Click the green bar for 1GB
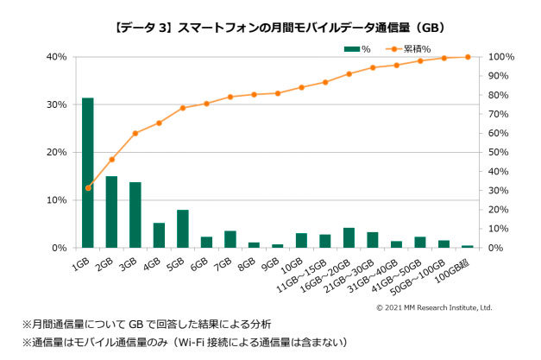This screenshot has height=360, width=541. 87,173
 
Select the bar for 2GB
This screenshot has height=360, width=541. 111,212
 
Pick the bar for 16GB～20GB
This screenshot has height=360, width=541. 349,237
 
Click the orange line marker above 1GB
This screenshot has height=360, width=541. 87,187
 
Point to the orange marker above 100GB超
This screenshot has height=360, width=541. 468,57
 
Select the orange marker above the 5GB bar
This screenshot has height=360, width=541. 182,108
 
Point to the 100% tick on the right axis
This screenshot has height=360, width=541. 503,57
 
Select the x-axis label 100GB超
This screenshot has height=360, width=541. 456,268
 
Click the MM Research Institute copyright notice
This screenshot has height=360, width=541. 434,307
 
